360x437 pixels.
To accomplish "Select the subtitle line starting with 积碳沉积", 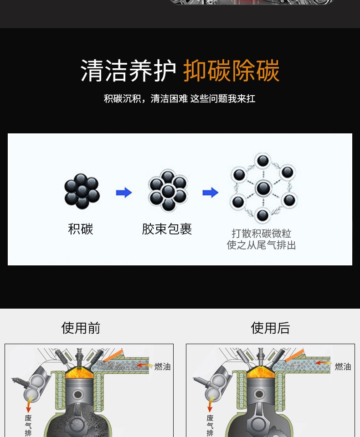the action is (180, 98).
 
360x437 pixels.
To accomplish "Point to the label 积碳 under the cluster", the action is (81, 229).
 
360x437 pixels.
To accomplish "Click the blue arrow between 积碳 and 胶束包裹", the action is (123, 193).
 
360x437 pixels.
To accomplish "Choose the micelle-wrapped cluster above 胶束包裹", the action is (168, 191).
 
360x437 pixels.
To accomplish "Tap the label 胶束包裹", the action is (167, 229).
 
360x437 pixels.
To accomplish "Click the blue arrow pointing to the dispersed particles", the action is (210, 193).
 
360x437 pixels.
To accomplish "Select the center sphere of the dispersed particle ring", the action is (263, 188).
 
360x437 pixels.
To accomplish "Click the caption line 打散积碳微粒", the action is (261, 234).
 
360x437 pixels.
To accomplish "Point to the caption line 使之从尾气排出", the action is (261, 245).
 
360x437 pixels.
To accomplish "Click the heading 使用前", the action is (81, 328).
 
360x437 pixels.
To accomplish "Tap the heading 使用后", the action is (270, 328).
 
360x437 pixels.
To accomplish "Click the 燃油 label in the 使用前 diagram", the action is (162, 366).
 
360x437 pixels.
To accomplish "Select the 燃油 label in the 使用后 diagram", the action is (343, 366).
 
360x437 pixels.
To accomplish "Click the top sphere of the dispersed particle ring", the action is (263, 161).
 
